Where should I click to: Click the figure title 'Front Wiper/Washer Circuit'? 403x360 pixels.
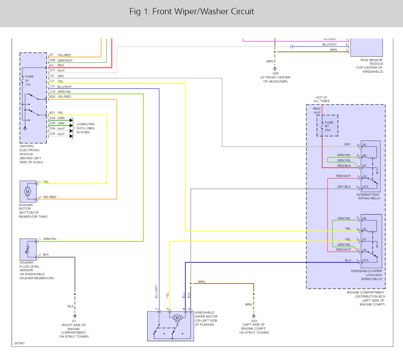[203, 12]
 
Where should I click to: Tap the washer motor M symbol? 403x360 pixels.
[28, 191]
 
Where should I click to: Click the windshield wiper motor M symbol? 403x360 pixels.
[177, 318]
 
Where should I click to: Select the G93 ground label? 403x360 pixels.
[254, 321]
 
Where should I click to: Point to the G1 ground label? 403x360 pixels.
[74, 321]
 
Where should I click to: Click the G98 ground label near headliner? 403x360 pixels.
[276, 73]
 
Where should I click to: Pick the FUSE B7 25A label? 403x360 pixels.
[329, 126]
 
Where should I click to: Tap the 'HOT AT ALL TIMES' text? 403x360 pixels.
[321, 99]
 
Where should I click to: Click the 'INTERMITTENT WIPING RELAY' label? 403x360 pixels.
[368, 196]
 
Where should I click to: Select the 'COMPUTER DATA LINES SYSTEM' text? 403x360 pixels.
[85, 128]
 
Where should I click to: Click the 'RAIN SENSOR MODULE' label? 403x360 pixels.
[372, 62]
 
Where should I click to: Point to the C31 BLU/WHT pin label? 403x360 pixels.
[60, 87]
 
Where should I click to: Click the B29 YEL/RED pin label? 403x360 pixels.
[60, 97]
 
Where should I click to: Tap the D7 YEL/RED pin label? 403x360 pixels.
[60, 55]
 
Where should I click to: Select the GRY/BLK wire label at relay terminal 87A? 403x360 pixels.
[344, 186]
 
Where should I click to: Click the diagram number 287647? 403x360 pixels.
[20, 343]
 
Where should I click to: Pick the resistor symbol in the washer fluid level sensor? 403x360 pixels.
[27, 249]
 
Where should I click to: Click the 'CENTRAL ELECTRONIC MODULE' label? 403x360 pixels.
[29, 150]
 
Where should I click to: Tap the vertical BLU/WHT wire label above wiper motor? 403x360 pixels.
[156, 291]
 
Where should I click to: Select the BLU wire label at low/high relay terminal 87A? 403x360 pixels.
[348, 260]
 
